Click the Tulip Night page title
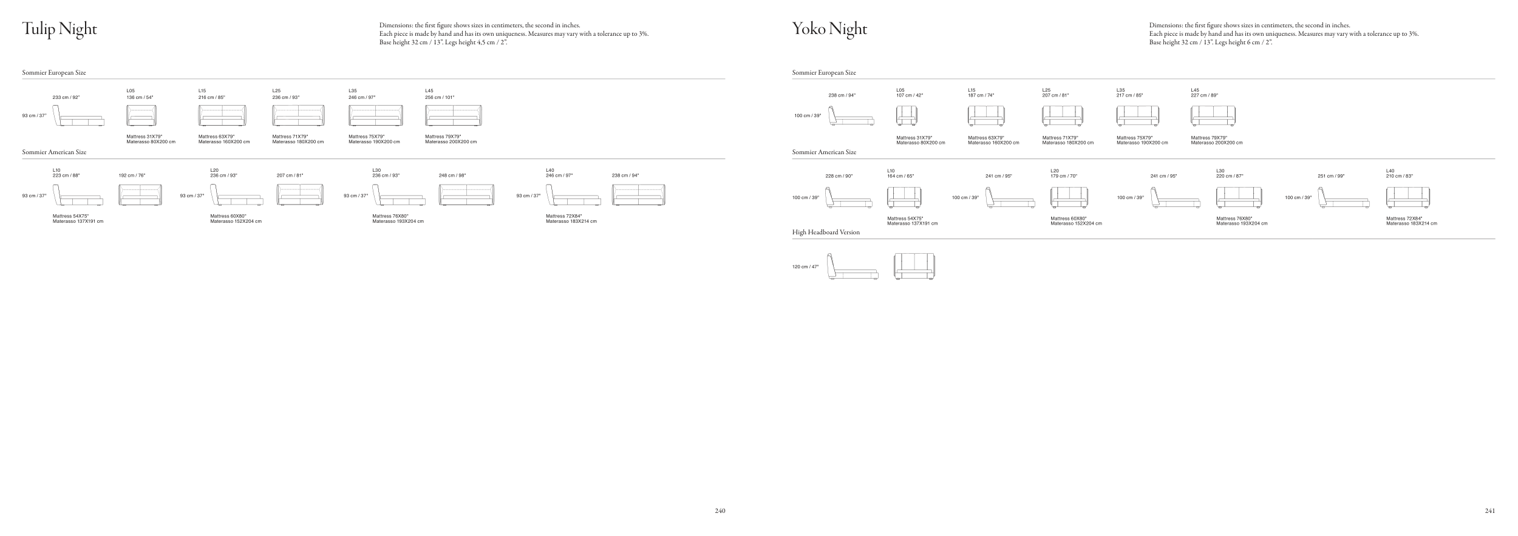point(60,29)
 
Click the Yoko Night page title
point(829,29)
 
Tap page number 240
point(720,511)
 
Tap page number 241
point(1489,511)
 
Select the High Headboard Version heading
point(826,232)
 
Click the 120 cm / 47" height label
point(805,267)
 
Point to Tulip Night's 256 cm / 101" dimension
point(440,97)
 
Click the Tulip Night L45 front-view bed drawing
point(453,115)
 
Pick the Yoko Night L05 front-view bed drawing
point(907,115)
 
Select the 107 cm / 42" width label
point(910,95)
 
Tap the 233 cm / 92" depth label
point(66,97)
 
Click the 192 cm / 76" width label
point(132,175)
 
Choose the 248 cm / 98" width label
point(452,175)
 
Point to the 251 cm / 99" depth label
point(1331,176)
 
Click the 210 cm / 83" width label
point(1400,176)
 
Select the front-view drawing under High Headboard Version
point(914,266)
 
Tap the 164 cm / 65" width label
point(900,176)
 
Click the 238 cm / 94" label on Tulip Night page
point(625,175)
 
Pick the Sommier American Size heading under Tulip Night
point(54,152)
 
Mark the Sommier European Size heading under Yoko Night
point(824,73)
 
